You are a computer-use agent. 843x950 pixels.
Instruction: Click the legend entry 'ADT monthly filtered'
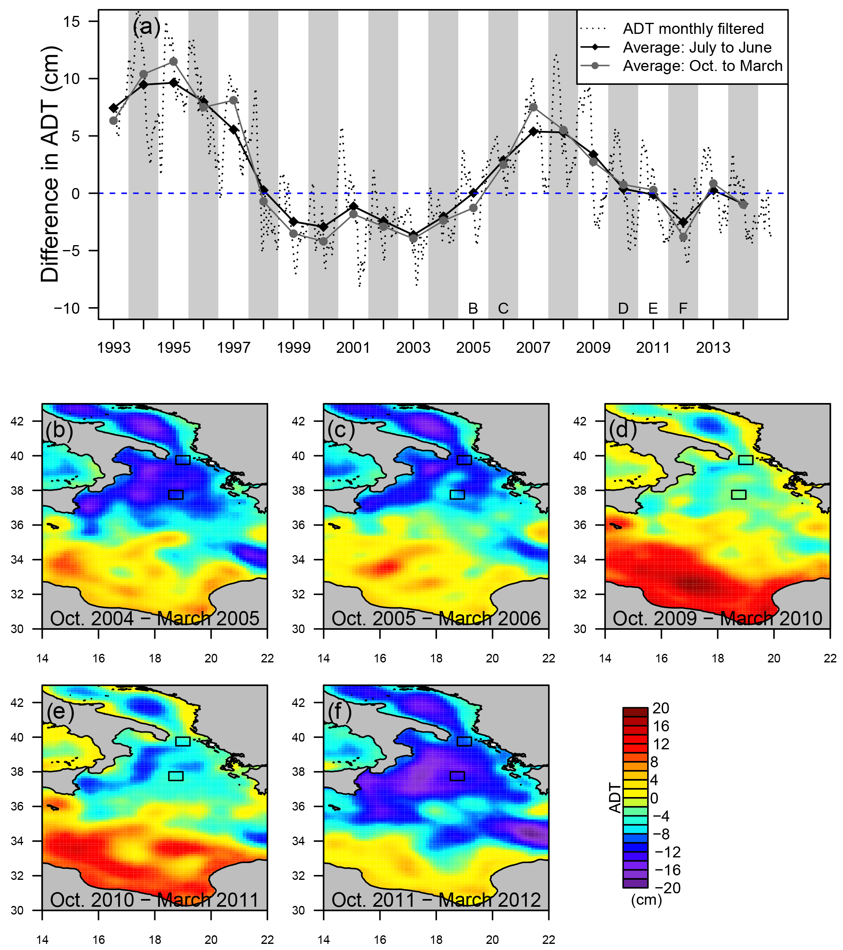[693, 29]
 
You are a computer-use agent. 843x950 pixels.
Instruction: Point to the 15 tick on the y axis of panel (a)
[72, 21]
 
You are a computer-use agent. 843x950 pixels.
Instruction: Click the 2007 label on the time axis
[533, 348]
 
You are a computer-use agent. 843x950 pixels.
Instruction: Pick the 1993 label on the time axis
[114, 348]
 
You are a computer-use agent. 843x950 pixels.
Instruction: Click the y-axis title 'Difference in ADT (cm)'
[50, 164]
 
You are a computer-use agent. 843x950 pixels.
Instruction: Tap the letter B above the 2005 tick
[473, 308]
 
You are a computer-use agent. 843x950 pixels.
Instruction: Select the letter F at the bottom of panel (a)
[683, 308]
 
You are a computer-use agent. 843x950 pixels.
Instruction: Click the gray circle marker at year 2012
[683, 237]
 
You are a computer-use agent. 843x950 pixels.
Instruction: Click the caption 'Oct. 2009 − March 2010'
[717, 619]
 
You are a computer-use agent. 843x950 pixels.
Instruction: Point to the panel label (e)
[60, 711]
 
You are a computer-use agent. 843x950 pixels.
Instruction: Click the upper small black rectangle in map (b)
[183, 460]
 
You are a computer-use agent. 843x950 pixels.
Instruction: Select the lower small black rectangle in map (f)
[457, 776]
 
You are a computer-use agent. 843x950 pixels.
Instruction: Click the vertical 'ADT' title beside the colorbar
[615, 798]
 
